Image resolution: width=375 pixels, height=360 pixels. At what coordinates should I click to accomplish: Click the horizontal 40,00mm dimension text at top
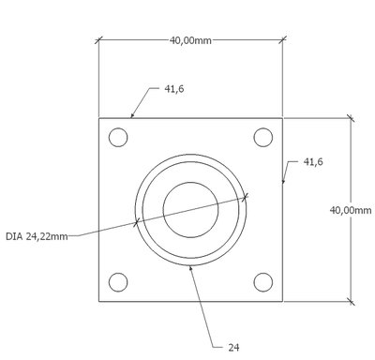click(190, 40)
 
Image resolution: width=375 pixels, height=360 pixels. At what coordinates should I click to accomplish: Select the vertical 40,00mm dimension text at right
click(351, 210)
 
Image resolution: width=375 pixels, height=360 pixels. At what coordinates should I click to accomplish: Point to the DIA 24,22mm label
click(37, 236)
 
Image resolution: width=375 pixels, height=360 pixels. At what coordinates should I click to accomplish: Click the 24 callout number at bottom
click(233, 348)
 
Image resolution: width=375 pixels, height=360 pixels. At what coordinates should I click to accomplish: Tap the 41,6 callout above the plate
click(174, 89)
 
